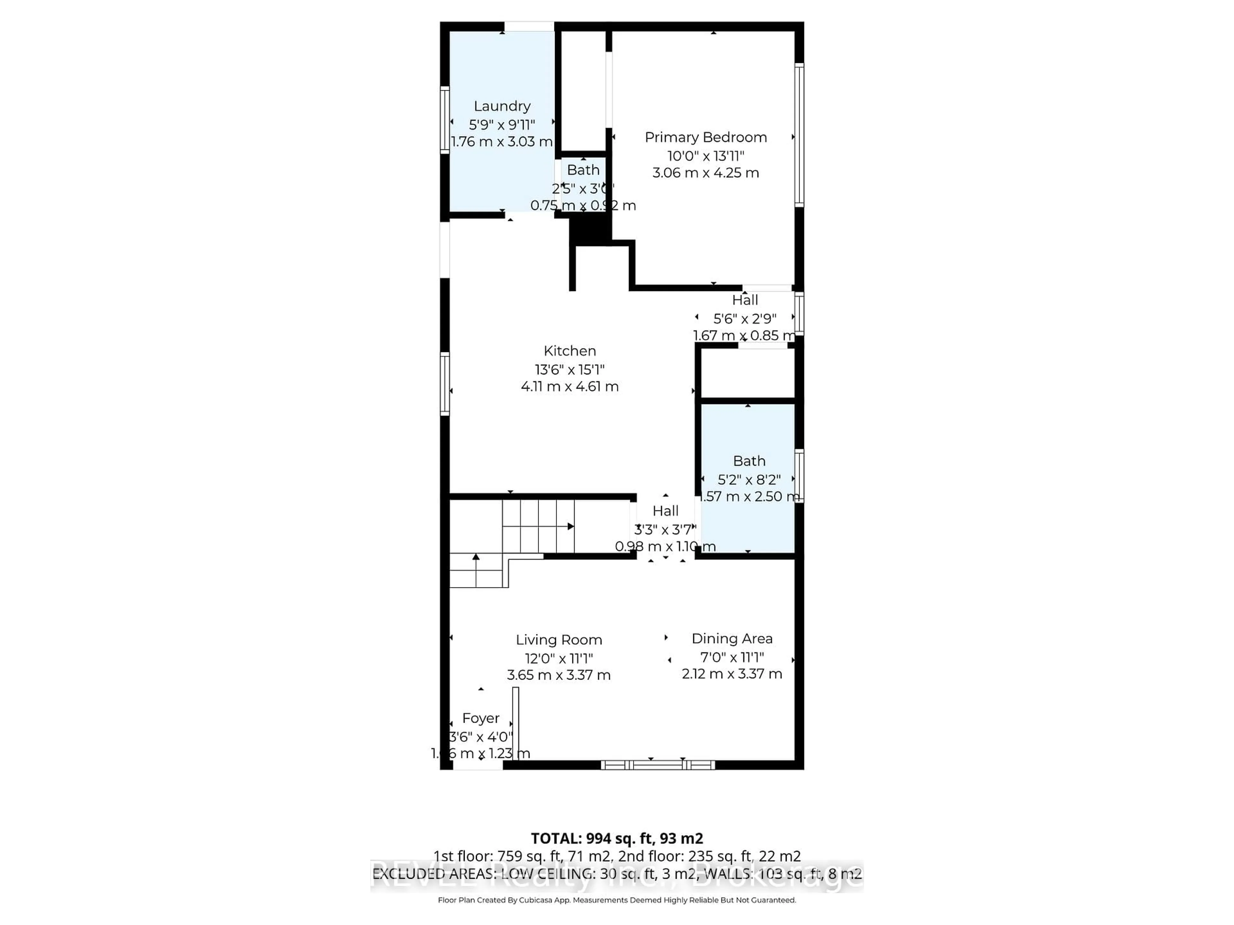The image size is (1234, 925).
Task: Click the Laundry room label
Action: click(x=502, y=106)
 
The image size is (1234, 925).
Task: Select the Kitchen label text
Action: click(x=569, y=351)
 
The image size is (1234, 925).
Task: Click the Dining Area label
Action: click(x=732, y=639)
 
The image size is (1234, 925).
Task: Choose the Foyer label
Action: click(x=480, y=718)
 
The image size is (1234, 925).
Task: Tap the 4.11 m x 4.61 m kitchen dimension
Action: click(x=569, y=386)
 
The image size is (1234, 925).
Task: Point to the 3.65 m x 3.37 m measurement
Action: click(x=559, y=675)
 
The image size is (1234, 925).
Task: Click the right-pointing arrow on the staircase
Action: click(x=570, y=526)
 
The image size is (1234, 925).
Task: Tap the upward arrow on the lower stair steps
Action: click(x=476, y=557)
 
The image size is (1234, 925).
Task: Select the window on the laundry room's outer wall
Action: click(x=445, y=119)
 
